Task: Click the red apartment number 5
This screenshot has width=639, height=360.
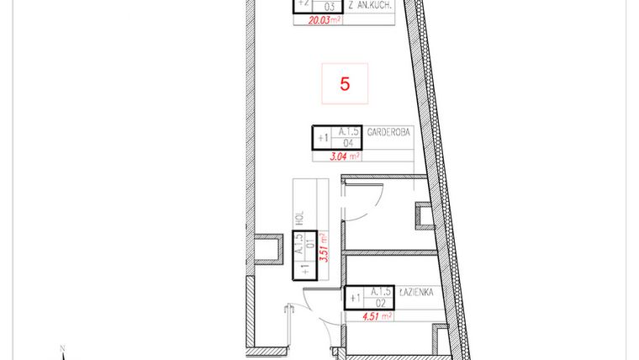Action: (x=345, y=84)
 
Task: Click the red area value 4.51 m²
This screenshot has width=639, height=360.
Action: (x=372, y=316)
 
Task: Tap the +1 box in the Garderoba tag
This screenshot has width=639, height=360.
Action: (x=322, y=137)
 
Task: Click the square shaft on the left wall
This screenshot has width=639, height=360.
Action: (x=268, y=251)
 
